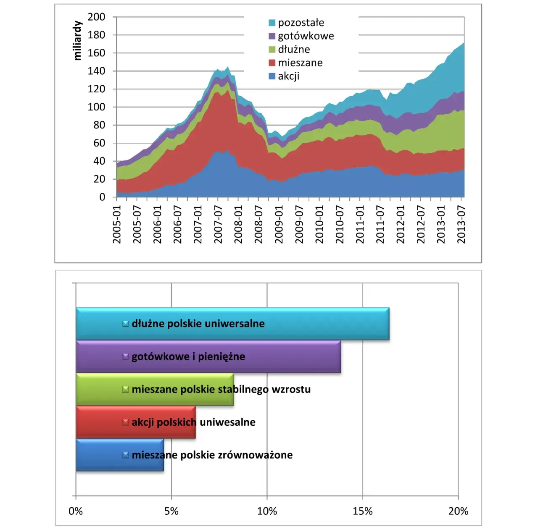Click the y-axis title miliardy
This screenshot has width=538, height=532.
77,41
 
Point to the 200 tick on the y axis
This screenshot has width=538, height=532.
96,17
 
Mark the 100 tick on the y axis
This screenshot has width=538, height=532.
96,107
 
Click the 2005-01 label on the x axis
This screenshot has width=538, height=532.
117,224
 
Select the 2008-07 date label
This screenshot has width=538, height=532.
258,224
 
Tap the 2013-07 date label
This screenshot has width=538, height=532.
462,224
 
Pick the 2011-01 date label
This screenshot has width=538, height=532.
360,224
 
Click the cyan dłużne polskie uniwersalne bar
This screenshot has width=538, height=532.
232,324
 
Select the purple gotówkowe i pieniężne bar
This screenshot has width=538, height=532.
208,356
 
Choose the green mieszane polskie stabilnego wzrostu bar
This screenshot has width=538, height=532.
155,389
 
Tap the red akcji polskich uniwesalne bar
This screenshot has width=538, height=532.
136,422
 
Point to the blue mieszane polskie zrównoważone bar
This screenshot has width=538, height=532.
120,455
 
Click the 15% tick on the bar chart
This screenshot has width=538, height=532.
362,511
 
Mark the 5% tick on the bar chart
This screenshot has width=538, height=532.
171,511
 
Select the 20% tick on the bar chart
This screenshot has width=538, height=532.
458,511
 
